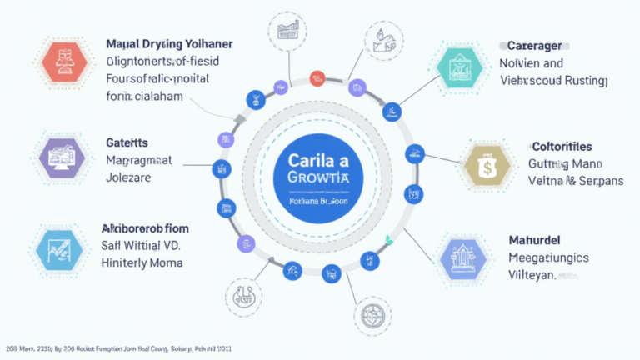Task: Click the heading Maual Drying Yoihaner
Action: (169, 43)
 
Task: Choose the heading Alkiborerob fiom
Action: (144, 227)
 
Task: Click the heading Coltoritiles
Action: (562, 146)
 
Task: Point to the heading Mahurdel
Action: (534, 240)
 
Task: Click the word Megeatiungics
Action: (547, 257)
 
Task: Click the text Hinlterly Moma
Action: (142, 262)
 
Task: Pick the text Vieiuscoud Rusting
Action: (553, 81)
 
